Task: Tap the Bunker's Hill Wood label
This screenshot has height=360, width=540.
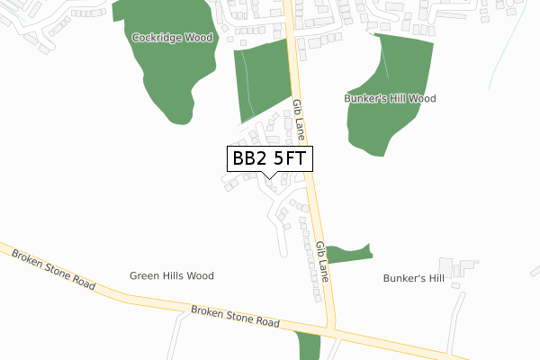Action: coord(390,98)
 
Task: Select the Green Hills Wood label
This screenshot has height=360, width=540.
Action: coord(171,276)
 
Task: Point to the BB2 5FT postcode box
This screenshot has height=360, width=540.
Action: coord(269,159)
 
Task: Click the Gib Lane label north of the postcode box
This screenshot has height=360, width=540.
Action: coord(298,122)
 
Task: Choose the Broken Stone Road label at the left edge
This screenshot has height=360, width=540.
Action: coord(53,268)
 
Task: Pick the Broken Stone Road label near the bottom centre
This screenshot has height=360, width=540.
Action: coord(236,317)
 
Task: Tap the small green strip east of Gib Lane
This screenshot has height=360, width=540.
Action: coord(350,253)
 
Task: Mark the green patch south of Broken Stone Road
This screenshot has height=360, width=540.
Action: coord(308,346)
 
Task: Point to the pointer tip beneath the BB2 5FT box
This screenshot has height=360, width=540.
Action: coord(269,177)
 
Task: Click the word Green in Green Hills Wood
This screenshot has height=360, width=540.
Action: coord(144,276)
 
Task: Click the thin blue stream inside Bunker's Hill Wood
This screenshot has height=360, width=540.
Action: coord(385,63)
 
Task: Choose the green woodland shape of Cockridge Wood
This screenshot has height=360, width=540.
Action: coord(171,67)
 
